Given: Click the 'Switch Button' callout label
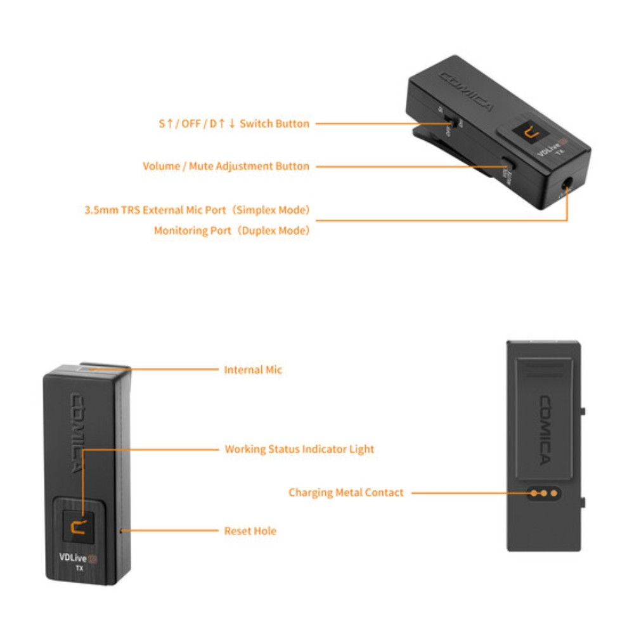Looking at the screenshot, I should point(233,124).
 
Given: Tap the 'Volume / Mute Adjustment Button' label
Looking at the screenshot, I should point(226,166).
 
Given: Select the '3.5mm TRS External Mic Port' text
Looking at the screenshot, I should point(197,209).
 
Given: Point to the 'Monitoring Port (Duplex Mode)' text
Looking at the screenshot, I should point(232,231).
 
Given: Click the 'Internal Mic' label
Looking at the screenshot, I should point(253,370).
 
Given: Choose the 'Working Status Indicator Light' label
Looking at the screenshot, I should point(299,449).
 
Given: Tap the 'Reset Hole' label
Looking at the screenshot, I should point(250,531).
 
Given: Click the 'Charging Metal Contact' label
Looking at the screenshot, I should point(346,492).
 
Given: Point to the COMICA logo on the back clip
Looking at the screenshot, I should point(545,429).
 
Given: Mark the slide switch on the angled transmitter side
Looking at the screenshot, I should point(451,120).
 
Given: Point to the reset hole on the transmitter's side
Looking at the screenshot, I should point(120,527).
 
